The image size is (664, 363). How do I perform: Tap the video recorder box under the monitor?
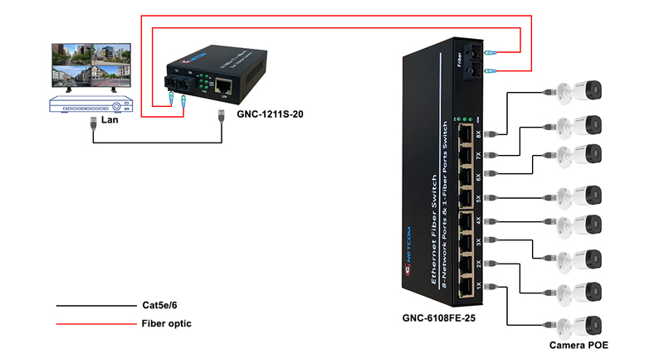pyautogui.click(x=90, y=104)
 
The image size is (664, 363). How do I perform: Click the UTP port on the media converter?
pyautogui.click(x=224, y=85)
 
